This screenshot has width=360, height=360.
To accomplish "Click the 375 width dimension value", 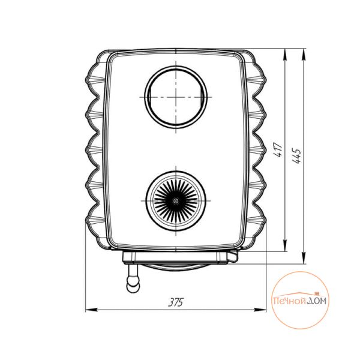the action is [176, 302].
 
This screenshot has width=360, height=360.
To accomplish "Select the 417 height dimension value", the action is [279, 149].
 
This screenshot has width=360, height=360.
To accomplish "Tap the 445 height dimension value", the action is [297, 156].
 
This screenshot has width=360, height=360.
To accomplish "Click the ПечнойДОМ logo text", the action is [300, 301].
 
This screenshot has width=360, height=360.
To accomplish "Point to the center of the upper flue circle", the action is [176, 97].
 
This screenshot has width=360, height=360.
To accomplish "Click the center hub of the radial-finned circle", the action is [176, 201].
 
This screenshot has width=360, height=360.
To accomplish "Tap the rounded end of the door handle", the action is [133, 287].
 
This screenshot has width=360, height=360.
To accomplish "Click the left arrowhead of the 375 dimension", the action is [91, 310].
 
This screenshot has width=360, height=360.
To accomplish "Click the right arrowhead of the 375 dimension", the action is [260, 310].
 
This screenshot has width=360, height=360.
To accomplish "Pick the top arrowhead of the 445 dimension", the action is [304, 55].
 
